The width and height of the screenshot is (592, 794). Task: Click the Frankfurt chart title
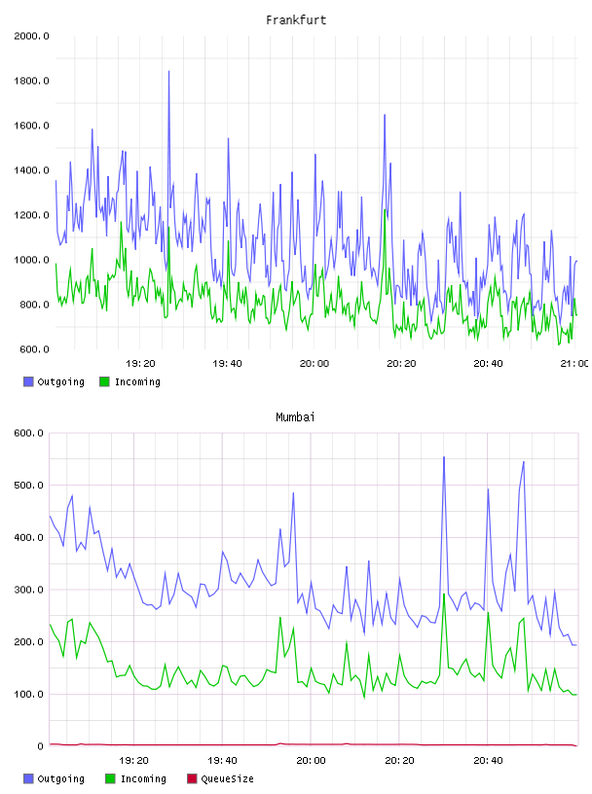click(296, 20)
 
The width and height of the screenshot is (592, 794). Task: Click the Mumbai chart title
click(295, 417)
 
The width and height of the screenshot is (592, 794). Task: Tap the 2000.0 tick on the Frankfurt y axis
click(31, 36)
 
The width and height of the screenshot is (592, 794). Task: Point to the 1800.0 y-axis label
click(31, 81)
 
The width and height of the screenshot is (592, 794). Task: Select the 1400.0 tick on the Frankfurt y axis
click(31, 170)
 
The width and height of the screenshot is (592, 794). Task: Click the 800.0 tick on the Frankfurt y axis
click(34, 305)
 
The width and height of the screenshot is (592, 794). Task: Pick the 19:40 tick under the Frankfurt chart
click(227, 364)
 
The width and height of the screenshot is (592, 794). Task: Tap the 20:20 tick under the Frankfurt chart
click(401, 364)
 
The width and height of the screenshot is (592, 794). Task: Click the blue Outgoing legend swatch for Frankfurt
click(28, 381)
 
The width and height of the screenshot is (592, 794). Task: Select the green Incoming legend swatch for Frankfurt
click(104, 381)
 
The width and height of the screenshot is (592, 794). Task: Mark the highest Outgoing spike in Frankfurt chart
click(168, 71)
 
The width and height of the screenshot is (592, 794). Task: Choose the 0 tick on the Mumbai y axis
click(41, 746)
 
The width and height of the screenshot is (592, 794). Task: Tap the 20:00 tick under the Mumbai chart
click(311, 761)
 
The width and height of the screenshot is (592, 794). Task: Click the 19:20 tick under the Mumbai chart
click(133, 761)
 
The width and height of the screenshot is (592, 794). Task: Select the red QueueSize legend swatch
click(192, 778)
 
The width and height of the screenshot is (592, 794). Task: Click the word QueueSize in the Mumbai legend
click(227, 778)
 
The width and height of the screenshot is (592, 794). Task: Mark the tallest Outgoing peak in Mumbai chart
click(444, 457)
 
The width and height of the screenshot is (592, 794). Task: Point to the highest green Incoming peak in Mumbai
click(444, 594)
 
